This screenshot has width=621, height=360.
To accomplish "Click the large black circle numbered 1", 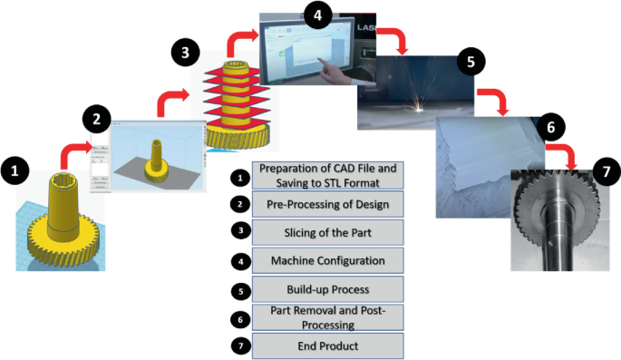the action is click(15, 170).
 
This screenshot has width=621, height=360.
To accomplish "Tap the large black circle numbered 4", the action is click(317, 15).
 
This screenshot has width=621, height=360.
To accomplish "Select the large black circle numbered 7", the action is click(606, 171).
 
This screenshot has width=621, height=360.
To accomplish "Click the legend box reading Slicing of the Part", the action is click(328, 232).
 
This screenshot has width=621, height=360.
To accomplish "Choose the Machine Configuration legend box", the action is click(328, 260).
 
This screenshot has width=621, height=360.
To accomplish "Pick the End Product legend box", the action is click(328, 345).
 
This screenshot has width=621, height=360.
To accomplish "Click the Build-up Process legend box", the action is click(328, 289).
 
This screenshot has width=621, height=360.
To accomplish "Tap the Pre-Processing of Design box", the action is click(328, 204).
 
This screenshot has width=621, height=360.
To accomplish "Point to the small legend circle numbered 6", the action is click(240, 319).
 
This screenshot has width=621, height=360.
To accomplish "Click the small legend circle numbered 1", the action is click(240, 178).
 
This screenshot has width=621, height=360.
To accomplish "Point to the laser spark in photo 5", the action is click(419, 106).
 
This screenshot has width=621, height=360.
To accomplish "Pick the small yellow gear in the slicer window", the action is click(156, 163).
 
